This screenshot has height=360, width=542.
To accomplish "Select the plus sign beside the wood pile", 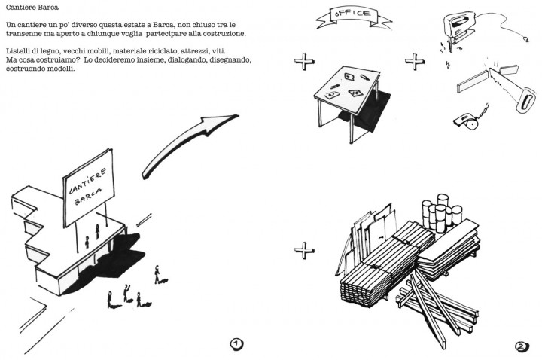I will click(303, 250).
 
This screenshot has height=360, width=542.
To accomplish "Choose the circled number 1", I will click(236, 344).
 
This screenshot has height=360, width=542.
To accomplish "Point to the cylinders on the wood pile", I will click(437, 214).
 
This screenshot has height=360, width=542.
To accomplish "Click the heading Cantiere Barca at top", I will click(28, 7).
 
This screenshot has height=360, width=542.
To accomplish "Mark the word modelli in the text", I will click(60, 69).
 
